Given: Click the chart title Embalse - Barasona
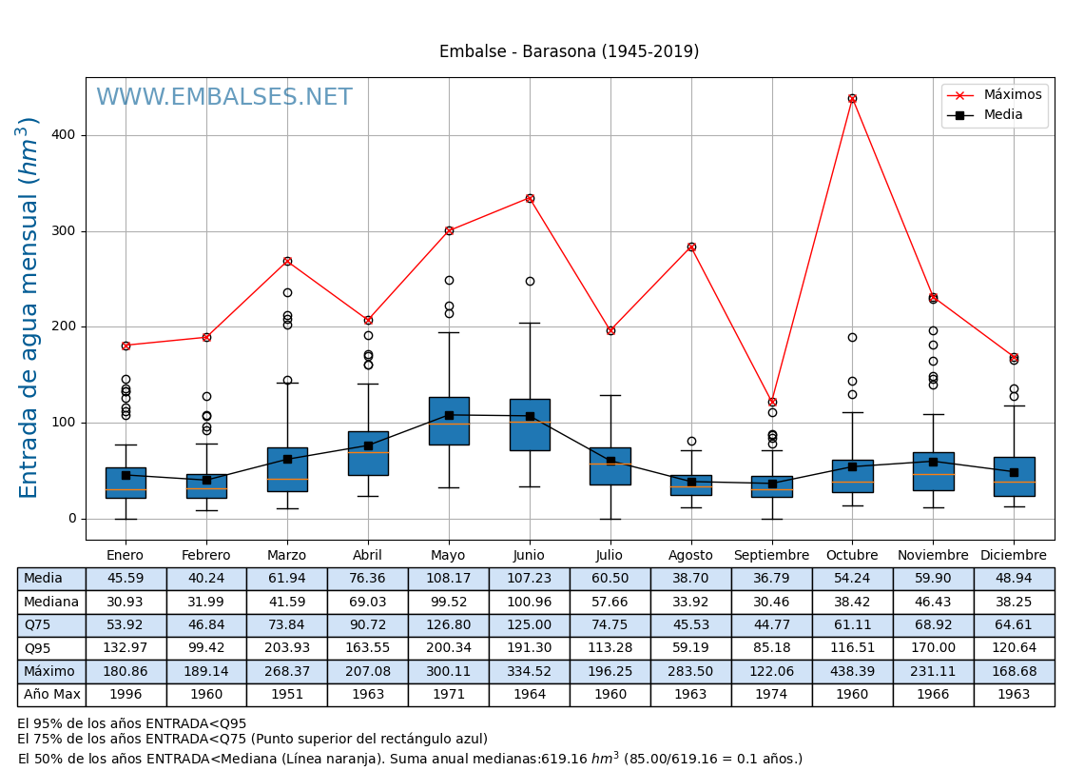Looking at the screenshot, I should (569, 52).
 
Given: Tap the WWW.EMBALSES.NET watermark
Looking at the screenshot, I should (224, 98).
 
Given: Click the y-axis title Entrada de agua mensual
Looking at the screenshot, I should (29, 307).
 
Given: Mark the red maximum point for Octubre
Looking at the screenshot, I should (852, 98).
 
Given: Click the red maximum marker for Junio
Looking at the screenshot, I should (530, 198).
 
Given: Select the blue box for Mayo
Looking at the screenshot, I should (449, 421).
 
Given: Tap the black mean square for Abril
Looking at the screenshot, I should (368, 445).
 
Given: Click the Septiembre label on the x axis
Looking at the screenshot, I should (771, 556).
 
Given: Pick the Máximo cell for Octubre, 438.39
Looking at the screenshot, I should (852, 672).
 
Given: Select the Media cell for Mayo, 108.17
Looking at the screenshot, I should (449, 579).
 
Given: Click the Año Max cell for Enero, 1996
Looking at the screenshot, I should (126, 695).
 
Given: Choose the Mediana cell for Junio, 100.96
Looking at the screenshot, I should (529, 603).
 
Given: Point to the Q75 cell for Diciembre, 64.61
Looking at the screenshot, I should (1014, 625).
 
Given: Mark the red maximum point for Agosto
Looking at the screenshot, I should (691, 247).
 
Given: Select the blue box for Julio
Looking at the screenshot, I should (610, 466).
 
